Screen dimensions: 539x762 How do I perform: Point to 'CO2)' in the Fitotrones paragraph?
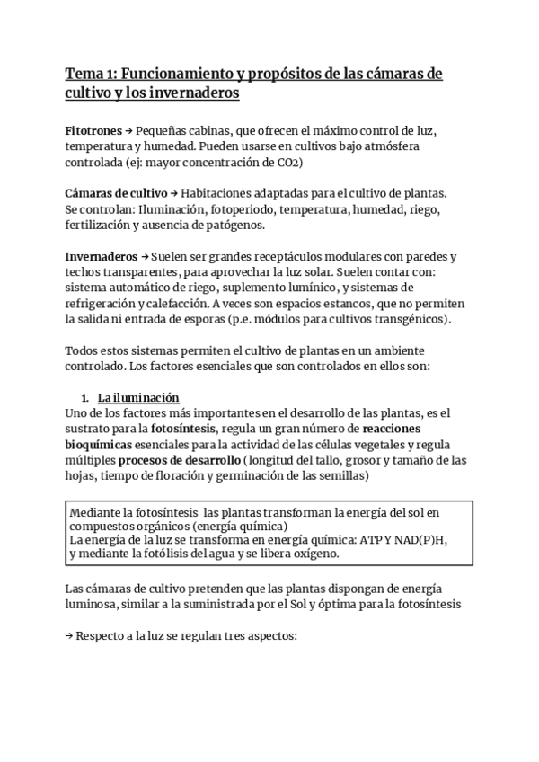(x=287, y=163)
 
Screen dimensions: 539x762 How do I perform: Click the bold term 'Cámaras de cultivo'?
(x=116, y=193)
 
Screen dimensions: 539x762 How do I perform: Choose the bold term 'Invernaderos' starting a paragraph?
(x=102, y=256)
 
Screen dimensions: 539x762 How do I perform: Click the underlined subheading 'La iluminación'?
(x=138, y=397)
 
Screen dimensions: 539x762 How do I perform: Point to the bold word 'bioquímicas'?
(x=100, y=445)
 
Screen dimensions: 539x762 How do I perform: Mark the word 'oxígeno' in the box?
(x=314, y=555)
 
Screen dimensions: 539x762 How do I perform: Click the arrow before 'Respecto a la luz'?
(x=69, y=636)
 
